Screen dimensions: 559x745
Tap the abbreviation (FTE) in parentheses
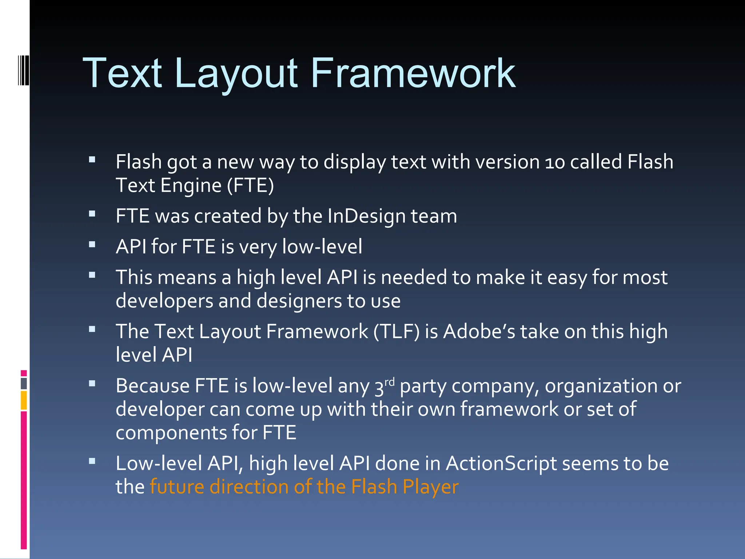250,186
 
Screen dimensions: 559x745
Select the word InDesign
366,216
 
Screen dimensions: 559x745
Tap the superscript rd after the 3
390,382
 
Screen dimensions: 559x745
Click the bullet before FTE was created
92,214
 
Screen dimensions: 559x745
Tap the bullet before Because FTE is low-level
92,384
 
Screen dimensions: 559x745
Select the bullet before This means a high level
92,275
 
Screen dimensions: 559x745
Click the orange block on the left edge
24,400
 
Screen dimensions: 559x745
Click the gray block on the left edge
24,383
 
